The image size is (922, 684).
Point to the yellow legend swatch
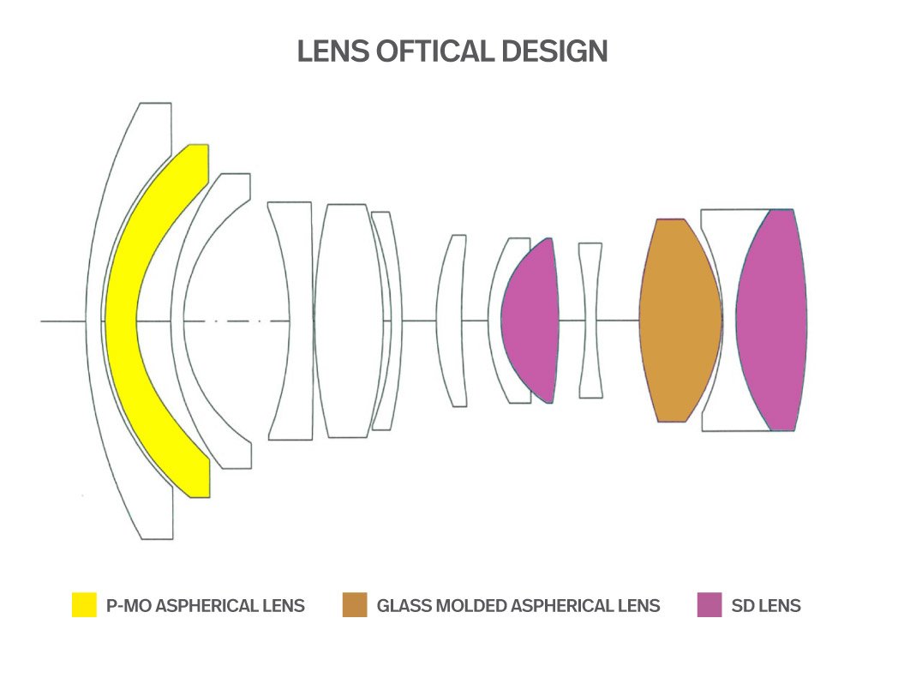pyautogui.click(x=84, y=605)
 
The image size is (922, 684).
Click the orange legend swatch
pyautogui.click(x=354, y=605)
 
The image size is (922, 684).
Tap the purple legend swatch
pyautogui.click(x=709, y=605)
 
